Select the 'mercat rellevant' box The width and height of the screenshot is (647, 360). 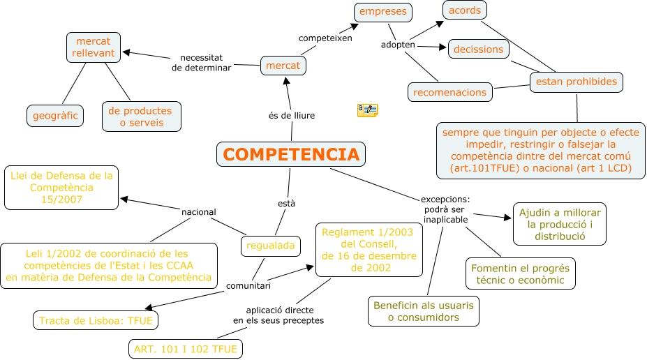pyautogui.click(x=94, y=47)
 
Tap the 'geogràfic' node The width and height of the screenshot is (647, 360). pyautogui.click(x=55, y=115)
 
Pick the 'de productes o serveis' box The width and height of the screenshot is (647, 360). pyautogui.click(x=141, y=116)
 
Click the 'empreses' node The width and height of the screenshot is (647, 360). pyautogui.click(x=382, y=12)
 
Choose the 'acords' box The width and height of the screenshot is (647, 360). pyautogui.click(x=465, y=10)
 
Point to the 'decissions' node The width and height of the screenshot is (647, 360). pyautogui.click(x=478, y=50)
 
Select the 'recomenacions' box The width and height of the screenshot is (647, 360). pyautogui.click(x=449, y=92)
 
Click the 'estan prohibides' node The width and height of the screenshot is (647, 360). pyautogui.click(x=576, y=82)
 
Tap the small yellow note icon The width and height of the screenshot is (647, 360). pyautogui.click(x=367, y=110)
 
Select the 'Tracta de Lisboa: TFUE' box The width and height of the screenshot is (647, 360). pyautogui.click(x=96, y=320)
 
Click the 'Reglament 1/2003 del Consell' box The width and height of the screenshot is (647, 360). pyautogui.click(x=369, y=250)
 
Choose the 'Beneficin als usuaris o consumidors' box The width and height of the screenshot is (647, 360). pyautogui.click(x=423, y=311)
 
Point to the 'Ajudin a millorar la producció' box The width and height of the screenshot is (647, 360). pyautogui.click(x=560, y=224)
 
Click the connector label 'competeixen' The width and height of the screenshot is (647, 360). pyautogui.click(x=325, y=38)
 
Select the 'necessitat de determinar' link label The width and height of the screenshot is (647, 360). pyautogui.click(x=200, y=63)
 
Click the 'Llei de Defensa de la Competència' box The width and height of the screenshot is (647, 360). pyautogui.click(x=61, y=188)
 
